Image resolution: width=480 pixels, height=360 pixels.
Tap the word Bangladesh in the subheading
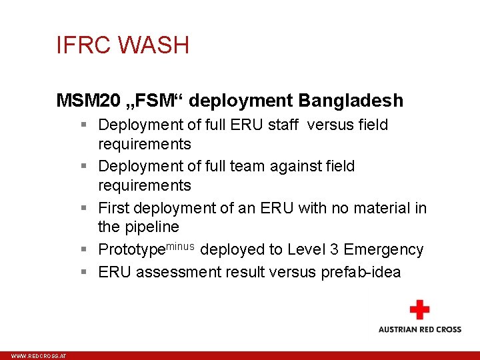pos(351,101)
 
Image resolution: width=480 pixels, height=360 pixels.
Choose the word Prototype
pos(131,250)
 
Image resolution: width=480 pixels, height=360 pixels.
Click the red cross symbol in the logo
pos(419,310)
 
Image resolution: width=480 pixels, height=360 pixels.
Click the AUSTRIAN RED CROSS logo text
pos(419,329)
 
